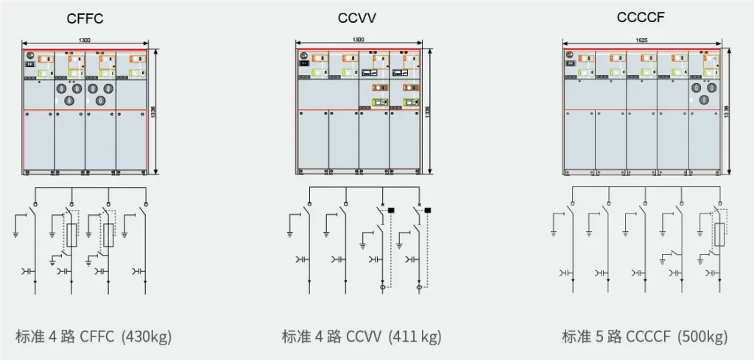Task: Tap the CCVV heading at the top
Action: click(x=358, y=18)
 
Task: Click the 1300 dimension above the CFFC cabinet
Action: click(x=85, y=40)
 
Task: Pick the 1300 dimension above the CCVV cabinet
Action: click(x=359, y=40)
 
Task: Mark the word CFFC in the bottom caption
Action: click(x=96, y=337)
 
